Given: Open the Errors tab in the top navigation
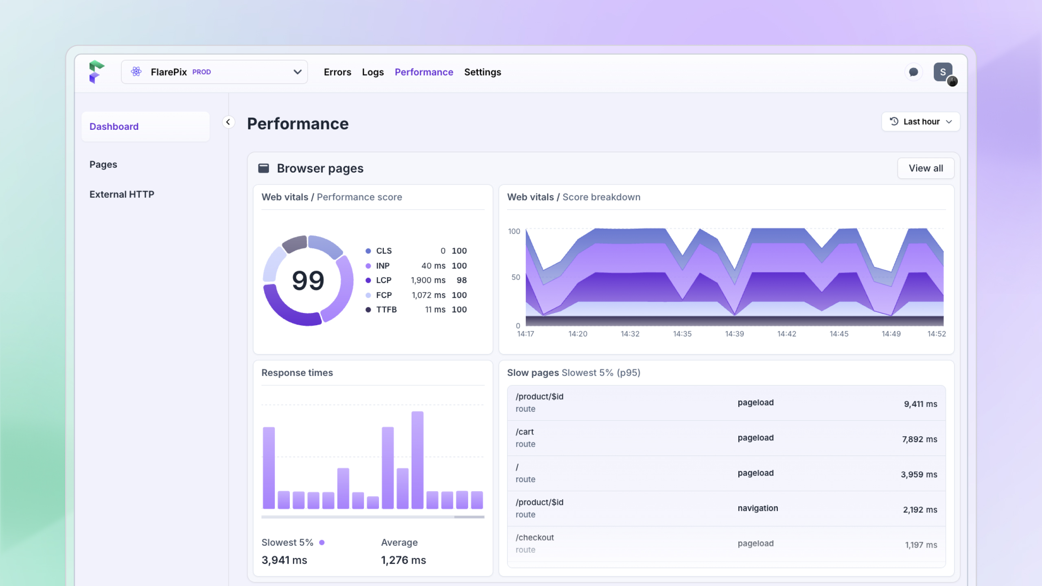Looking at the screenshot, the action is [x=337, y=72].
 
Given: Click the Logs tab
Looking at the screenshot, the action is [x=373, y=72].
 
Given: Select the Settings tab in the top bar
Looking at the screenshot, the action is [x=483, y=72].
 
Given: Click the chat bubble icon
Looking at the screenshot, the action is [x=913, y=72].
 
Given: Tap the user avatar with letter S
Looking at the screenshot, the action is [x=943, y=72].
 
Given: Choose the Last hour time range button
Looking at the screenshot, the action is [x=921, y=122].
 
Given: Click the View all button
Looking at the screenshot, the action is [x=926, y=168].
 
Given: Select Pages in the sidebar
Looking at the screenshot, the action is [x=103, y=164].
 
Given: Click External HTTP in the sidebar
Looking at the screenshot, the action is [x=122, y=194].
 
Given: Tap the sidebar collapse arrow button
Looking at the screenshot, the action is [x=228, y=122].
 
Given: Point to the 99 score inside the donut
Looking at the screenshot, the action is [x=308, y=280].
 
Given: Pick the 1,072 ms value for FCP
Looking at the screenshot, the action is [x=428, y=295].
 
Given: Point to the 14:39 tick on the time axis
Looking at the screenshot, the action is [x=734, y=334].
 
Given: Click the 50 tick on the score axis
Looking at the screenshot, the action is [x=516, y=277].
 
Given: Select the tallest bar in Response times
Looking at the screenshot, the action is [x=417, y=460].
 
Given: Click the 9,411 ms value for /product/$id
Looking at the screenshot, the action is [x=920, y=404].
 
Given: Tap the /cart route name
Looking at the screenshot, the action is [x=525, y=432].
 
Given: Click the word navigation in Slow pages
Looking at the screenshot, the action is [x=757, y=508].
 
